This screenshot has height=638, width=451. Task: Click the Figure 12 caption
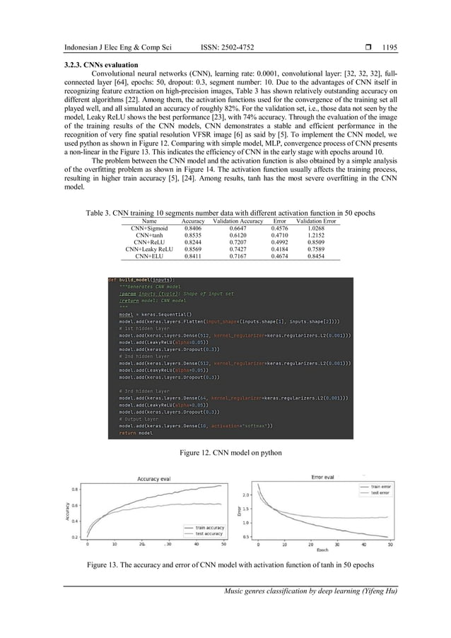coord(225,451)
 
